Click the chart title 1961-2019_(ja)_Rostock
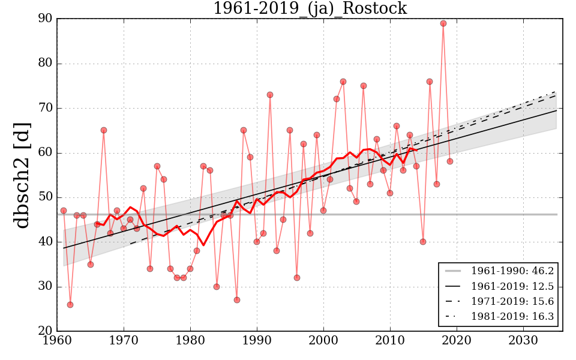310,9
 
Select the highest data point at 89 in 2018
443,23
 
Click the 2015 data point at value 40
423,242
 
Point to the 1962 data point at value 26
70,305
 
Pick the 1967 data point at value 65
104,130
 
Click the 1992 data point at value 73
270,95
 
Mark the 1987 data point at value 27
237,300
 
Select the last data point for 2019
450,161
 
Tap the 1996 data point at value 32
297,278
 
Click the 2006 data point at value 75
364,86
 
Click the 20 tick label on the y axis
46,331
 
